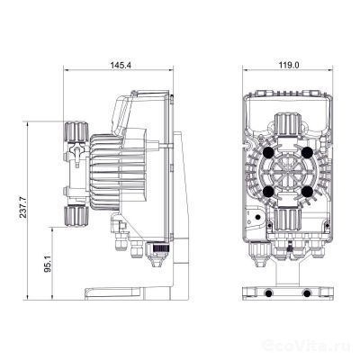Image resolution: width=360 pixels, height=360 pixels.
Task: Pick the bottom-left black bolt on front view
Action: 267,192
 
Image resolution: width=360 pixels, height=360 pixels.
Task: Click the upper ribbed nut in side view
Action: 72,136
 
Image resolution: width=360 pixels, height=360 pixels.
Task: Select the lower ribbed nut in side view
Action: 72,213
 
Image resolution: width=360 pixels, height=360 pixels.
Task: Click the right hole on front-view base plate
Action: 308,292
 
